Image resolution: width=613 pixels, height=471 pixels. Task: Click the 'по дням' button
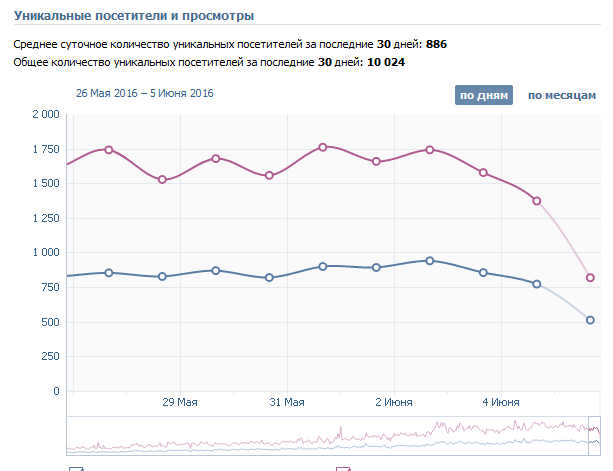pyautogui.click(x=484, y=96)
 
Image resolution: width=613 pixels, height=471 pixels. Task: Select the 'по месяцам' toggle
pyautogui.click(x=561, y=96)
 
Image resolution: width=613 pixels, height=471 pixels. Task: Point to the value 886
pyautogui.click(x=436, y=44)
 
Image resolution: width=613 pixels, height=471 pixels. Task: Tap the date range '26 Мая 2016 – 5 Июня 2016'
pyautogui.click(x=145, y=94)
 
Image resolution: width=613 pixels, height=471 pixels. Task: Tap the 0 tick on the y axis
pyautogui.click(x=56, y=391)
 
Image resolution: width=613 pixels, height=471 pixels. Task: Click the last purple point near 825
pyautogui.click(x=590, y=278)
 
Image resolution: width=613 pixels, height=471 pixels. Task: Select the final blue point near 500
pyautogui.click(x=590, y=320)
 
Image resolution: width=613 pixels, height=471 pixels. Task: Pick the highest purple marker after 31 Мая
pyautogui.click(x=323, y=147)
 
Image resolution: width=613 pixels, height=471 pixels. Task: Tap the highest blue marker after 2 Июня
pyautogui.click(x=430, y=260)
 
